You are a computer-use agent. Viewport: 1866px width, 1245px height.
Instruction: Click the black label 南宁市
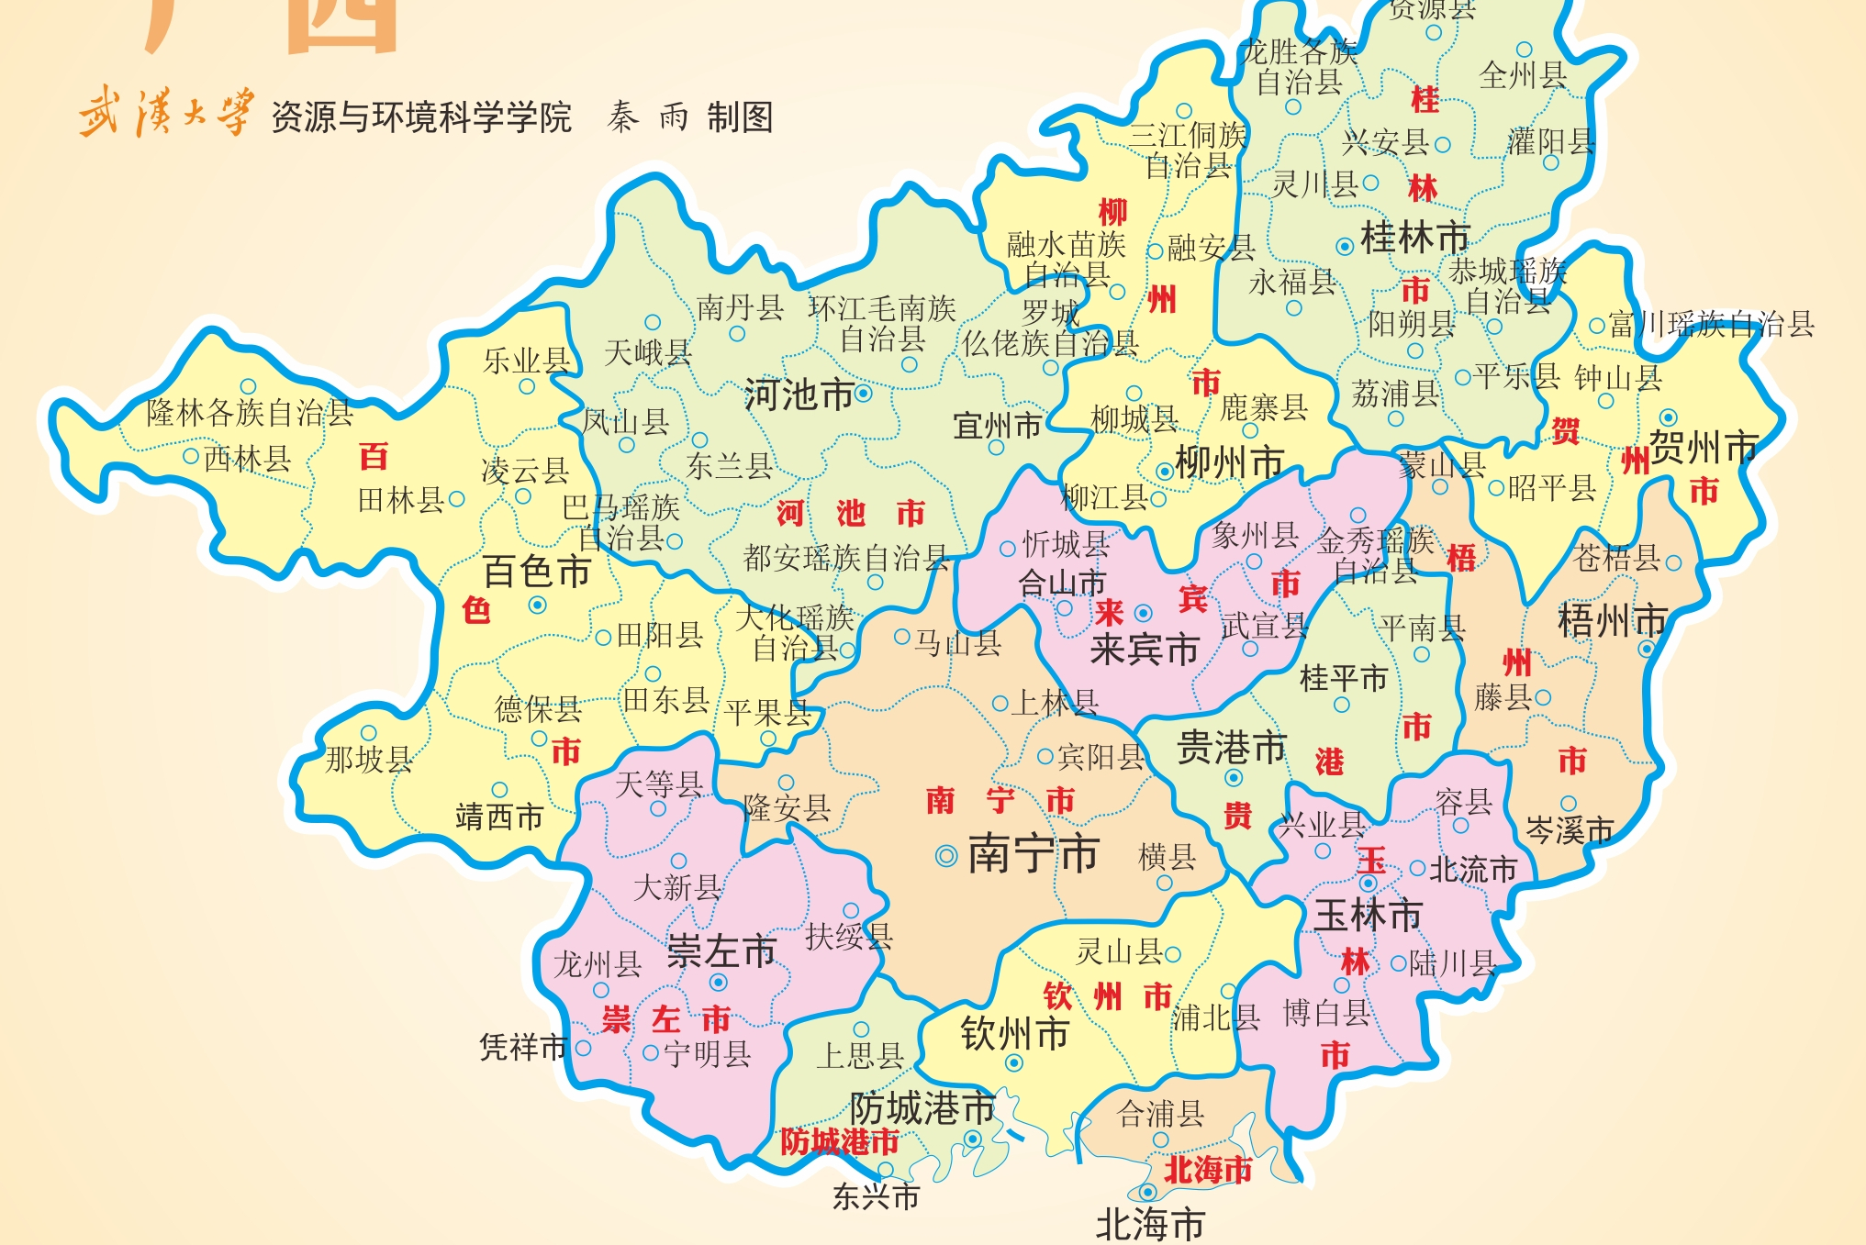(x=1034, y=854)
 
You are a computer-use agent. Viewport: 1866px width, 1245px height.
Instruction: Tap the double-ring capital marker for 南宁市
(x=945, y=856)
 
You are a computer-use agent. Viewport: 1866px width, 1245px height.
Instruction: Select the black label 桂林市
(x=1414, y=239)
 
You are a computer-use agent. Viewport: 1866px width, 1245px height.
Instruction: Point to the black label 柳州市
(x=1229, y=463)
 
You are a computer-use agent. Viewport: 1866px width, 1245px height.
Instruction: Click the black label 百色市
(x=537, y=572)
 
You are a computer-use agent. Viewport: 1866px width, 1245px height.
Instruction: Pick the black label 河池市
(x=799, y=395)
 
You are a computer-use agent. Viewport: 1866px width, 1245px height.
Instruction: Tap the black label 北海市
(x=1150, y=1225)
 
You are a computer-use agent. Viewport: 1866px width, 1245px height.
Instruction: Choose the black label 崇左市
(x=721, y=951)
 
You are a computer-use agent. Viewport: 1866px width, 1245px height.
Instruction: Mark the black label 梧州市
(x=1613, y=621)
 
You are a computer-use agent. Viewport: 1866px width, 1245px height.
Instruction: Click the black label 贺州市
(x=1704, y=449)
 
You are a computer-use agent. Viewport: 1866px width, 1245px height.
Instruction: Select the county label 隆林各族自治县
(x=250, y=414)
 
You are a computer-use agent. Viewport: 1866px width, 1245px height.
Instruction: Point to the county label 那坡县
(x=369, y=760)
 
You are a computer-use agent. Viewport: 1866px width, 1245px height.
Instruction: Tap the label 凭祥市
(x=523, y=1047)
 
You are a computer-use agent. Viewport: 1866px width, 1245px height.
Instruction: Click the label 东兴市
(x=876, y=1197)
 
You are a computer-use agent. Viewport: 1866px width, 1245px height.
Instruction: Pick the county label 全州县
(x=1523, y=75)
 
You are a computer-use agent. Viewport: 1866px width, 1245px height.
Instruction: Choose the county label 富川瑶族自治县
(x=1711, y=324)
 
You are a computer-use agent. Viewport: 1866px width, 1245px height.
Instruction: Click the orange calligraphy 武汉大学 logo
(x=165, y=113)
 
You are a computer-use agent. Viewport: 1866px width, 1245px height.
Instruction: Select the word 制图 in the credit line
(x=740, y=117)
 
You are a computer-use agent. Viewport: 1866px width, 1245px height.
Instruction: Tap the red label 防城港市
(x=839, y=1142)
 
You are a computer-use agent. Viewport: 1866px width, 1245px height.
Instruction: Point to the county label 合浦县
(x=1160, y=1115)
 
